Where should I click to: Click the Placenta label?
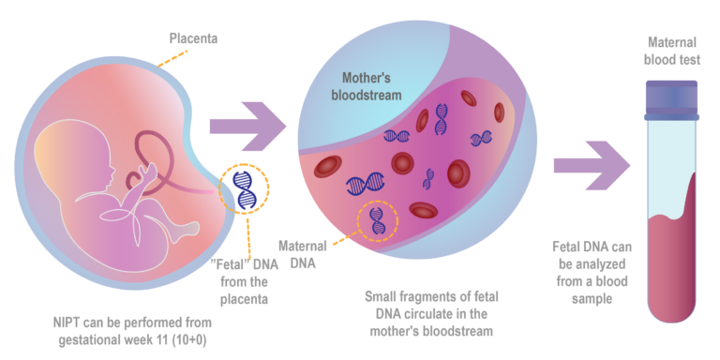point(192,39)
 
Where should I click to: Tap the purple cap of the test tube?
point(671,97)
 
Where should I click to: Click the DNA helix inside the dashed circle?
point(376,220)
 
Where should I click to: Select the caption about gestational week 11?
point(131,327)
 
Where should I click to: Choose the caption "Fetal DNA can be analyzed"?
point(584,271)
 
